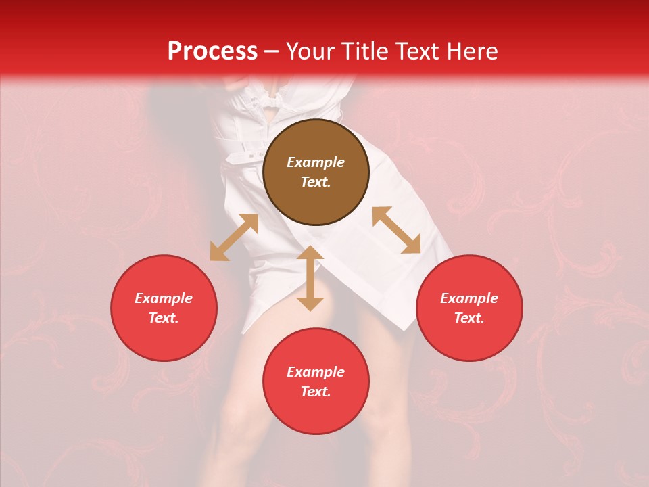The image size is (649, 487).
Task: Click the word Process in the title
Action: pos(212,51)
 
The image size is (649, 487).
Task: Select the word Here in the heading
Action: pos(471,51)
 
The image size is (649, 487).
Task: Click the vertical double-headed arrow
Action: pos(310,278)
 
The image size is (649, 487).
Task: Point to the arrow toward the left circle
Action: pos(234,237)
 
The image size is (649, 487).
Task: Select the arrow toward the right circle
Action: pos(396,230)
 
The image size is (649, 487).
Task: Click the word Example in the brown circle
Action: pos(316,162)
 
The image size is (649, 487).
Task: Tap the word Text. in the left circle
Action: pos(164,318)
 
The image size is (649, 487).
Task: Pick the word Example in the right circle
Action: pos(469,298)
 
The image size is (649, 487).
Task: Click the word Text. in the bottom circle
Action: pos(316,392)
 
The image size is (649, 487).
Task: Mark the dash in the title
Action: pos(271,52)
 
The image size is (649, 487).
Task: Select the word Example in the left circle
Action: pos(164,298)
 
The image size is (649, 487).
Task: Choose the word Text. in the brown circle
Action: pos(316,182)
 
